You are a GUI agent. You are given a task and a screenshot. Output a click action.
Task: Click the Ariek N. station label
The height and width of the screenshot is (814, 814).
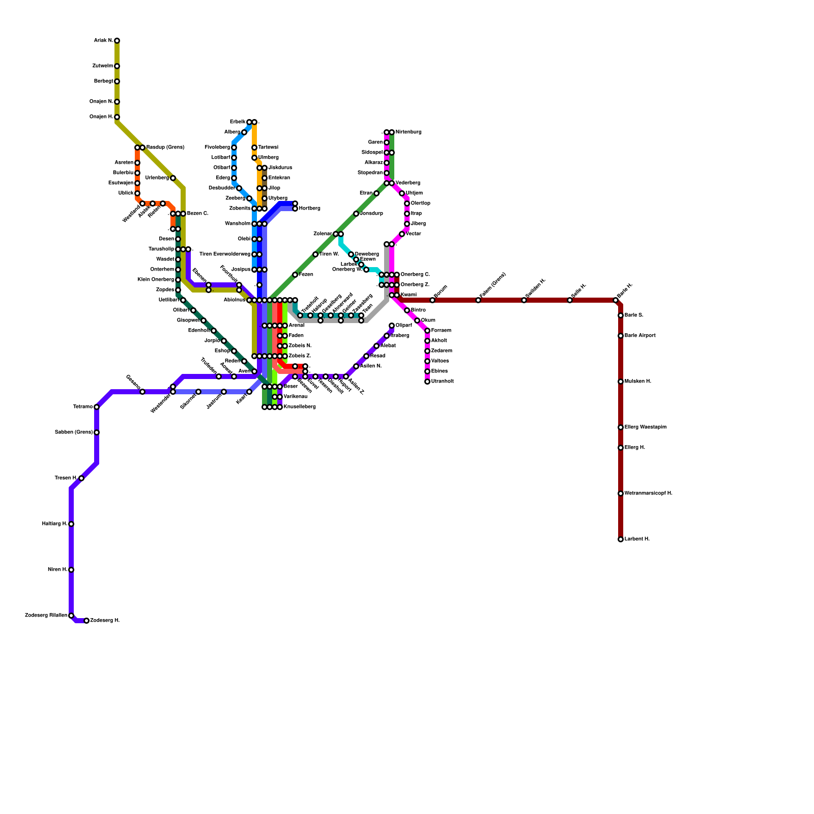pyautogui.click(x=103, y=41)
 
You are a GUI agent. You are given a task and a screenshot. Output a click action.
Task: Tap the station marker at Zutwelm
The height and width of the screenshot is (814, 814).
pyautogui.click(x=117, y=66)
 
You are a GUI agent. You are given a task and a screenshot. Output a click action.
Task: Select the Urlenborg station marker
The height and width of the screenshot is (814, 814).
pyautogui.click(x=173, y=178)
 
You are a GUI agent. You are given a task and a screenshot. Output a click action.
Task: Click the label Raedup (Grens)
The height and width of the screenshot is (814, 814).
pyautogui.click(x=165, y=148)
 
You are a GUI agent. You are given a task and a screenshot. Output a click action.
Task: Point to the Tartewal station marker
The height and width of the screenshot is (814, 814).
pyautogui.click(x=254, y=148)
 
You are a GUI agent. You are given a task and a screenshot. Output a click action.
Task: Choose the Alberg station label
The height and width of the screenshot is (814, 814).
pyautogui.click(x=232, y=132)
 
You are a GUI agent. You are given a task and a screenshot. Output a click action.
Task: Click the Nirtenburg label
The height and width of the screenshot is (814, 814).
pyautogui.click(x=409, y=132)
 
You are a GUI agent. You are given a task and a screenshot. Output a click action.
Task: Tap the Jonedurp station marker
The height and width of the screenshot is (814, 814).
pyautogui.click(x=356, y=214)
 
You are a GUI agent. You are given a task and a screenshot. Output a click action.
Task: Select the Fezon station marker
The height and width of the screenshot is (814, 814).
pyautogui.click(x=295, y=275)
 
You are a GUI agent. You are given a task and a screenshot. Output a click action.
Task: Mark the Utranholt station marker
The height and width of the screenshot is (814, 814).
pyautogui.click(x=427, y=382)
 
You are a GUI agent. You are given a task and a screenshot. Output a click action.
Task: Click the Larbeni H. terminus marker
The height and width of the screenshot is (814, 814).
pyautogui.click(x=621, y=539)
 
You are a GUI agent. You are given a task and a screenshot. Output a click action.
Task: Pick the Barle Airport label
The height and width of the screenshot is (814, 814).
pyautogui.click(x=640, y=336)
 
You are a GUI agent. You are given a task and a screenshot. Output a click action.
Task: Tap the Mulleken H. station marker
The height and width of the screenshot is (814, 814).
pyautogui.click(x=621, y=382)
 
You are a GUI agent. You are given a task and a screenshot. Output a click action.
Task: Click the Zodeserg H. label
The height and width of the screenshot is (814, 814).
pyautogui.click(x=105, y=621)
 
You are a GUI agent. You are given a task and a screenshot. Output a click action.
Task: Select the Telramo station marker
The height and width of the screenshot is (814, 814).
pyautogui.click(x=97, y=407)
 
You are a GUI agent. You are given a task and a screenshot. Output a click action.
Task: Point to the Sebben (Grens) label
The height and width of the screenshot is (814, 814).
pyautogui.click(x=74, y=432)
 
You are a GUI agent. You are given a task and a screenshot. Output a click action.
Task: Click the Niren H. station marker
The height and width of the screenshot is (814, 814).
pyautogui.click(x=71, y=570)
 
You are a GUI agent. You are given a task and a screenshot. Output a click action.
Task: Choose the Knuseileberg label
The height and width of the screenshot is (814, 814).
pyautogui.click(x=300, y=407)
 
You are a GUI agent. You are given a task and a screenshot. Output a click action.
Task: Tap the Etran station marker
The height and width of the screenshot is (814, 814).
pyautogui.click(x=376, y=193)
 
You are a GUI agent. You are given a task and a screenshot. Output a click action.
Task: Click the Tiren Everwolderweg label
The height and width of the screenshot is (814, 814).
pyautogui.click(x=225, y=254)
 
